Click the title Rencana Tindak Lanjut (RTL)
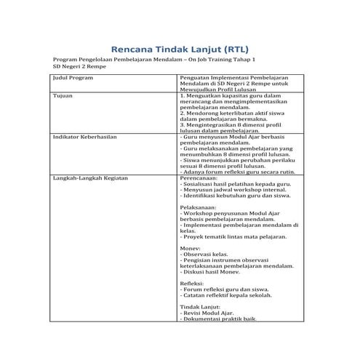point(180,44)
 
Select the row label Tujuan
point(63,95)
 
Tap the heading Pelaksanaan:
point(199,208)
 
